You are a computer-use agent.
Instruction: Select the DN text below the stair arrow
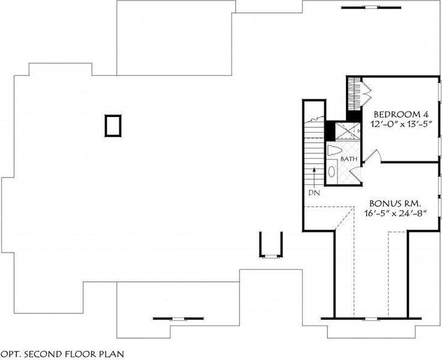pyautogui.click(x=313, y=193)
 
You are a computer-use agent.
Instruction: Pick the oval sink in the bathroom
pyautogui.click(x=331, y=171)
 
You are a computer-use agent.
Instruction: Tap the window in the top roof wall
pyautogui.click(x=362, y=8)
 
